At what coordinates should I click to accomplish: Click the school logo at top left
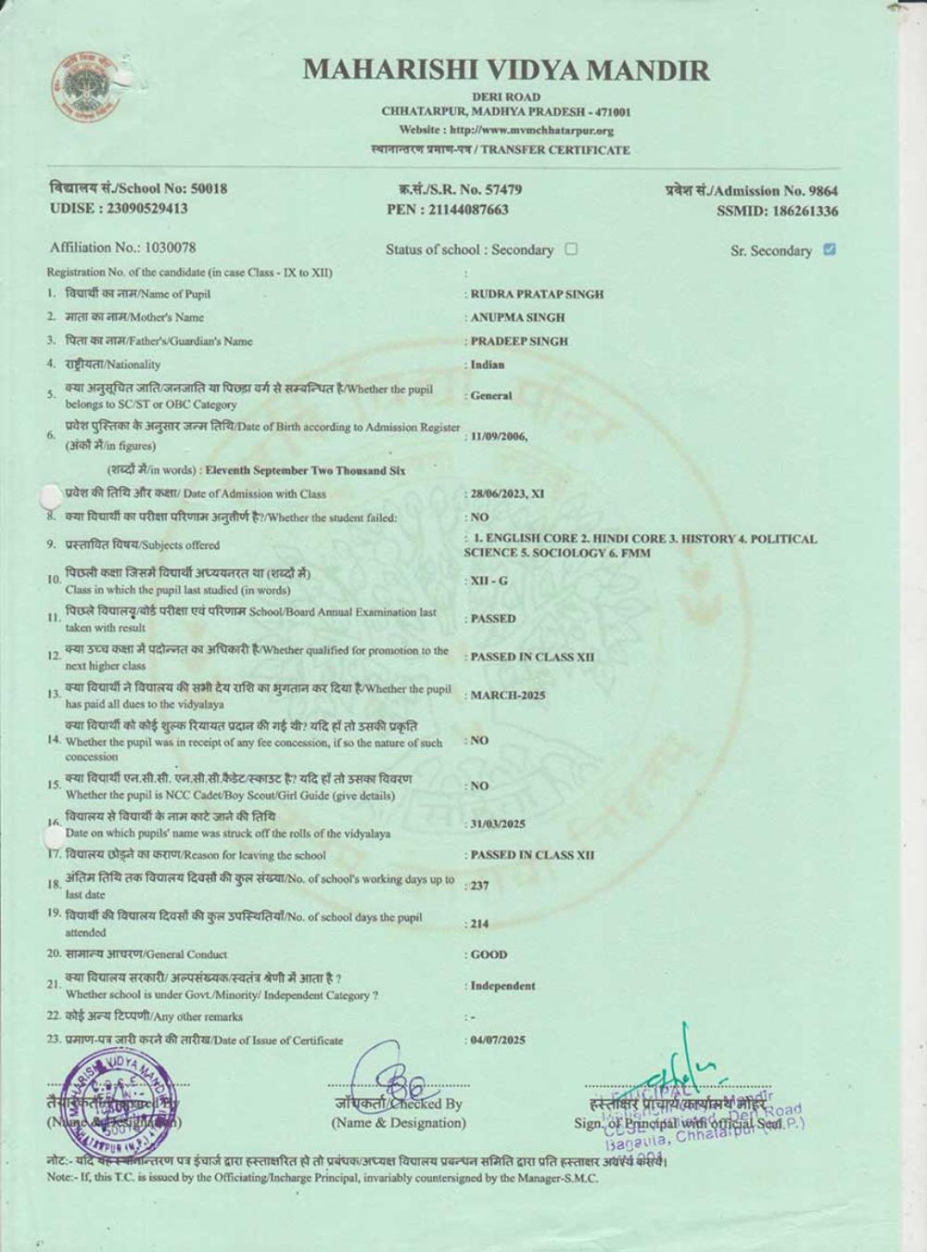click(86, 89)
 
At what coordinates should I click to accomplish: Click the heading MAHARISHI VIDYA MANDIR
click(506, 70)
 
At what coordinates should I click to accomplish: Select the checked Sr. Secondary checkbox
click(830, 249)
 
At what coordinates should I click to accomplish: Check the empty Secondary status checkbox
click(571, 249)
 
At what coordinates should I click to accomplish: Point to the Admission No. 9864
click(751, 191)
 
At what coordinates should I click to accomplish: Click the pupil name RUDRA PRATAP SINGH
click(537, 294)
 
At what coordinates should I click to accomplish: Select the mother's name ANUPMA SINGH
click(517, 317)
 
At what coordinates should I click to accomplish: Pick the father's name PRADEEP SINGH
click(519, 341)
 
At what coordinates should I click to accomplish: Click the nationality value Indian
click(488, 364)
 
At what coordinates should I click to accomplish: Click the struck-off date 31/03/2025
click(498, 824)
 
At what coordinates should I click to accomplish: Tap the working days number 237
click(479, 886)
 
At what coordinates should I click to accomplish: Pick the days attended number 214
click(479, 924)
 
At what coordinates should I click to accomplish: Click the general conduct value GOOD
click(489, 954)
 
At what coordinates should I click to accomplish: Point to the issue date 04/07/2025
click(498, 1040)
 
